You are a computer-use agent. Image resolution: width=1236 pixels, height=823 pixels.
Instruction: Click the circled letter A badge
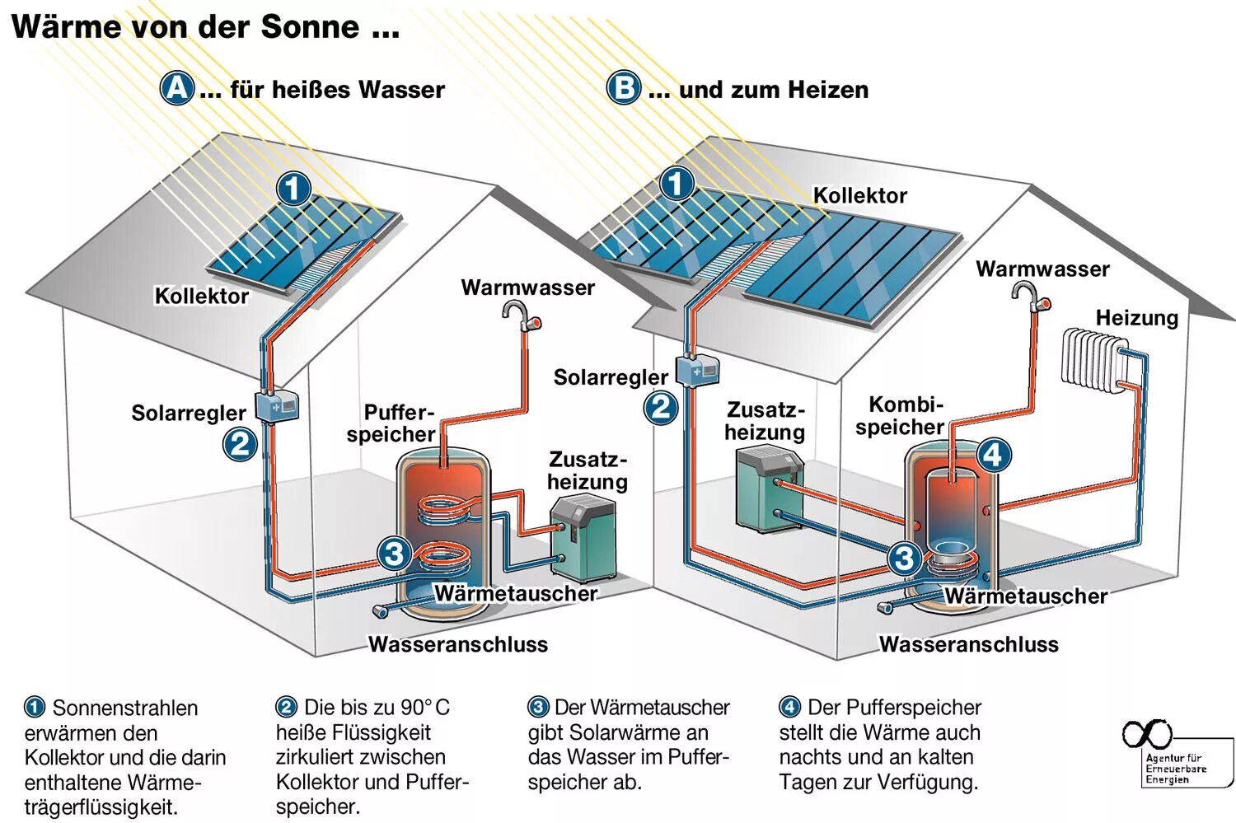pos(177,87)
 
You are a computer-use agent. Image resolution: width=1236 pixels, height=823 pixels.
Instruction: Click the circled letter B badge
pos(624,87)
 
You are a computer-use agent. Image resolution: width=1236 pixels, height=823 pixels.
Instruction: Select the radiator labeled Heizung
pos(1093,358)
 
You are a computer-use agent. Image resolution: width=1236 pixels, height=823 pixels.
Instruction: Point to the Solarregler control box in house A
pos(277,405)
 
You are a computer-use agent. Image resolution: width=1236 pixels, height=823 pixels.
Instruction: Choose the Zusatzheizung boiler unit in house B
pos(767,488)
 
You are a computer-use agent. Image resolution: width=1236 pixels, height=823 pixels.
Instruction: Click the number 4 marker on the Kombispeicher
pos(993,454)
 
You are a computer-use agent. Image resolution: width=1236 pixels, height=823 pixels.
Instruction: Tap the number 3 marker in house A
pos(394,554)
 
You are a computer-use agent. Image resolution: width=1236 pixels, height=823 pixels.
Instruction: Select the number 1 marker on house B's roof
pos(677,183)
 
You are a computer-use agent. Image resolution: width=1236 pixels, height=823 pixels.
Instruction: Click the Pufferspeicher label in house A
pos(392,423)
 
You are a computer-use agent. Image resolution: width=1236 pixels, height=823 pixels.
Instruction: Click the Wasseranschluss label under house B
pos(968,644)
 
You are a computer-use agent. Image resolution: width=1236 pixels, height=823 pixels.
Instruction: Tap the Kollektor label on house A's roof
pos(201,296)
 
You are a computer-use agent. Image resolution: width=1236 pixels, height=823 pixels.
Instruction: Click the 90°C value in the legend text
pos(425,708)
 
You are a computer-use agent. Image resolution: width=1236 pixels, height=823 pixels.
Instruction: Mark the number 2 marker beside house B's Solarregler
pos(661,407)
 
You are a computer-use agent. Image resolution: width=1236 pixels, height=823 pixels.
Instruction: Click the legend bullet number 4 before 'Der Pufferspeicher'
pos(789,707)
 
